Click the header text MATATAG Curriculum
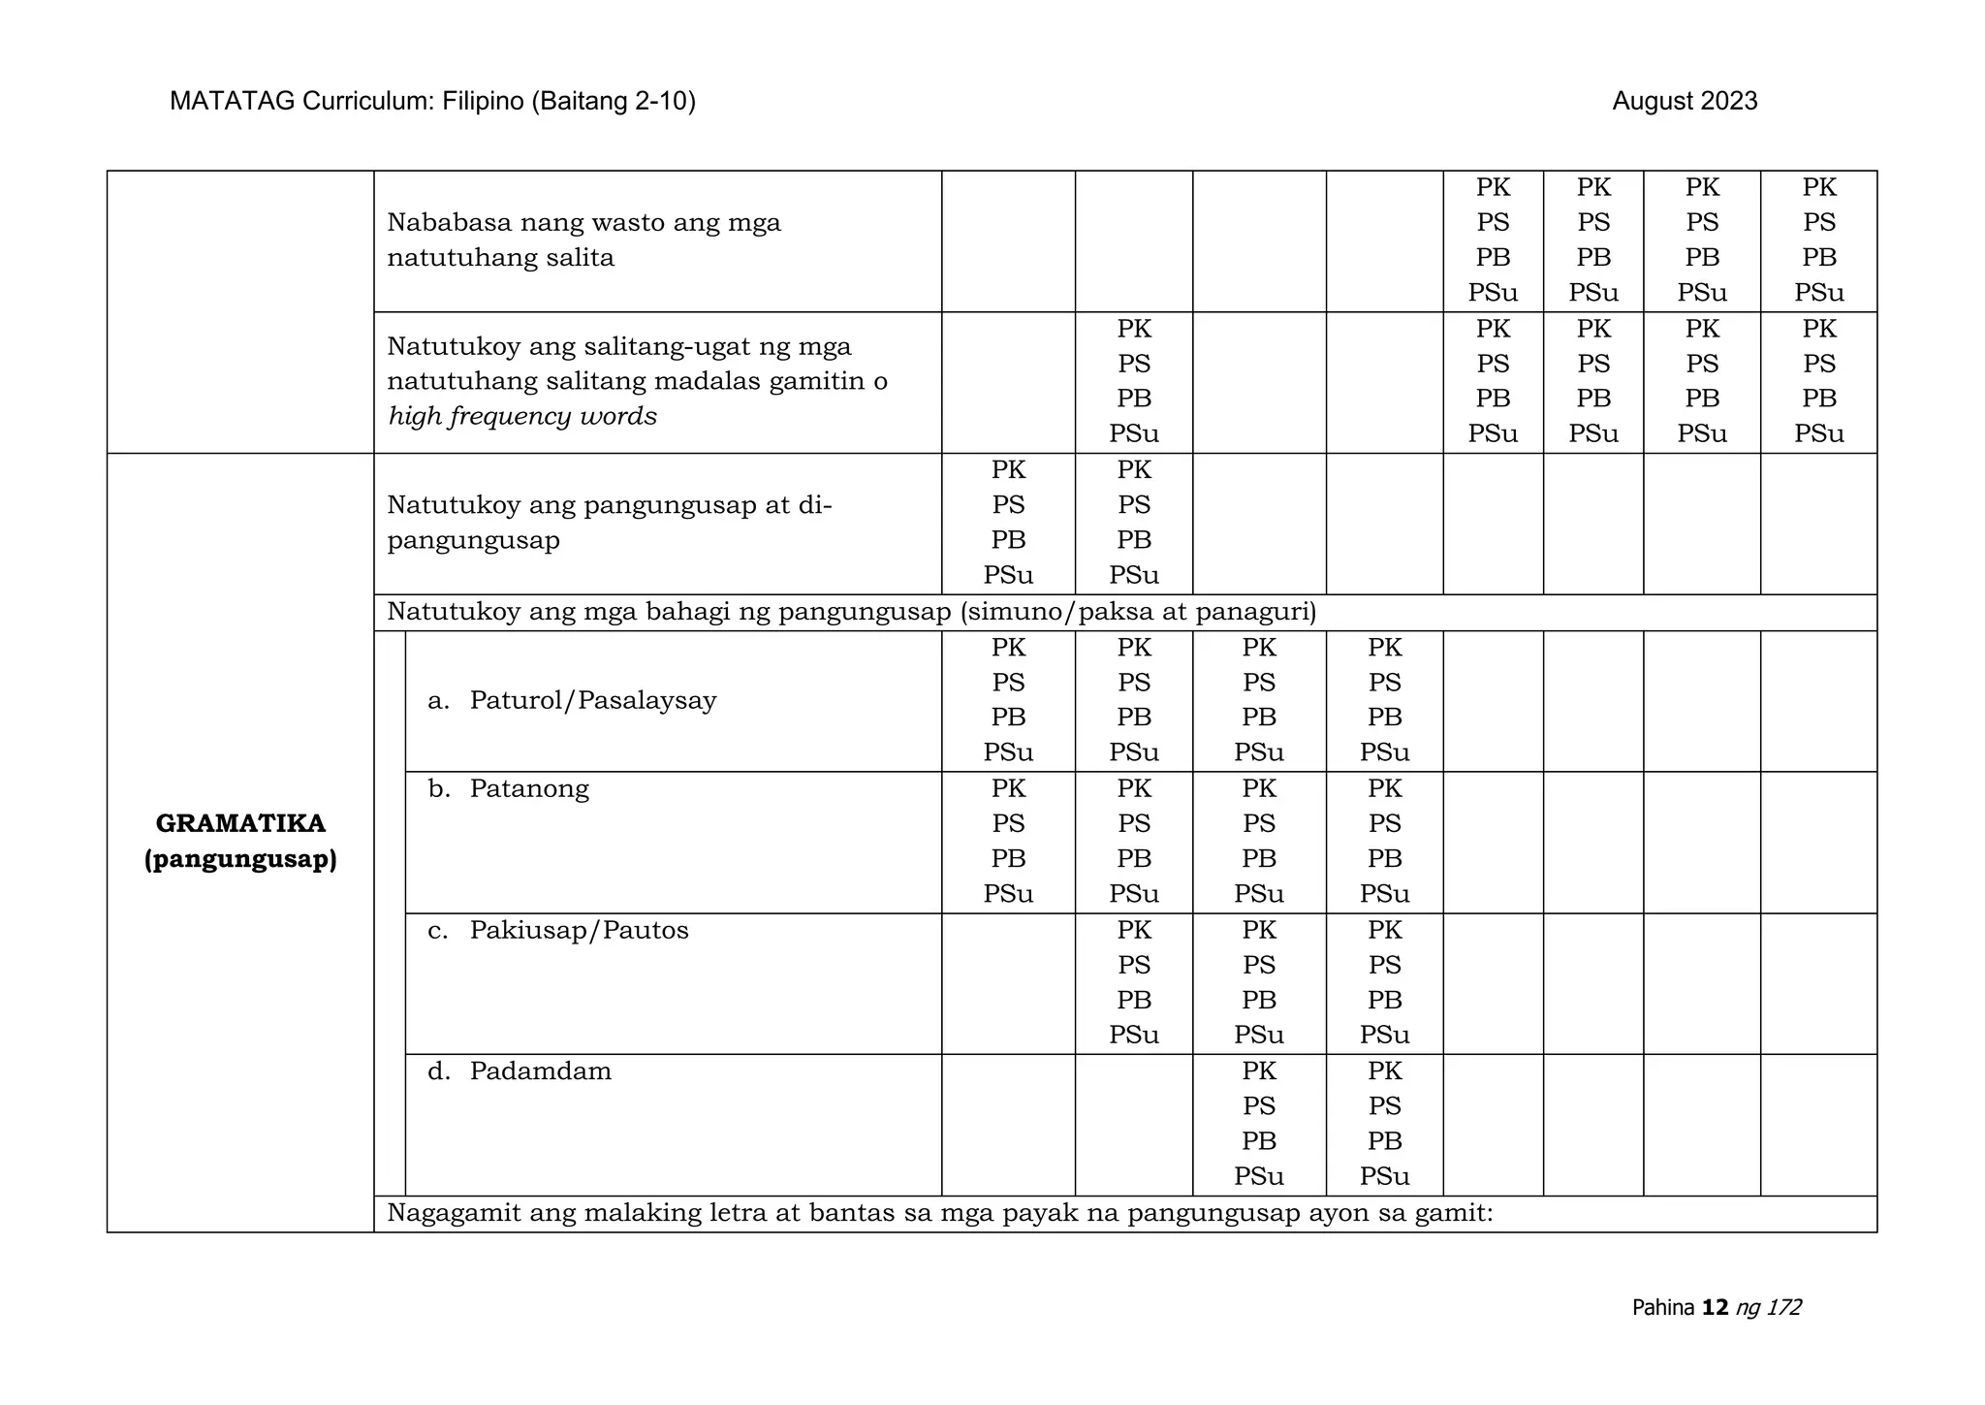[x=301, y=101]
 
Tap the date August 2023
[x=1685, y=101]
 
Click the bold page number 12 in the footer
[x=1715, y=1307]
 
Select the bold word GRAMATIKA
[x=240, y=823]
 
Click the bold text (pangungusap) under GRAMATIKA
[x=240, y=859]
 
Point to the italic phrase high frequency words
[x=522, y=416]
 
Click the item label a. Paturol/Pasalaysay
[x=572, y=700]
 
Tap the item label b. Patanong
[x=509, y=788]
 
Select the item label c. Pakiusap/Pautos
[x=558, y=930]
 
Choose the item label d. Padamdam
[x=520, y=1071]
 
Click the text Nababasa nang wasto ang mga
[x=583, y=222]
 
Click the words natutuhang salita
[x=500, y=257]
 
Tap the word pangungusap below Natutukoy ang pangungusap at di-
[x=473, y=540]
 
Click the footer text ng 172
[x=1769, y=1307]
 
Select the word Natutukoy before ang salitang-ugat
[x=449, y=346]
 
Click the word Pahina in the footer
[x=1663, y=1307]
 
